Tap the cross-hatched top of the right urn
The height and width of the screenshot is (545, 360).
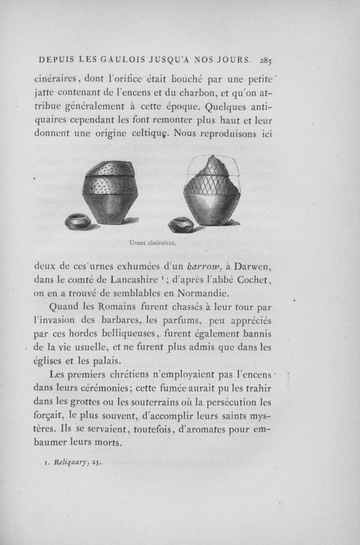[214, 175]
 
